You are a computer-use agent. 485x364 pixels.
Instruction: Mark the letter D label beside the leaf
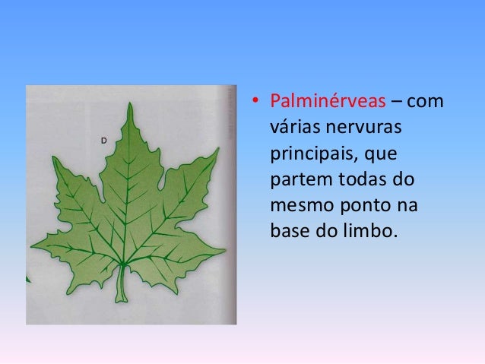tap(103, 140)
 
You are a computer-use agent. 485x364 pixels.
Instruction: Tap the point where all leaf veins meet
tap(122, 263)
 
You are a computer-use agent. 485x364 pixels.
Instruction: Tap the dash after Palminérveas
tap(400, 102)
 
